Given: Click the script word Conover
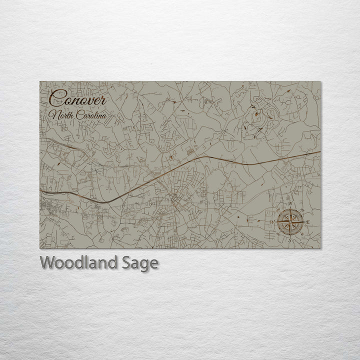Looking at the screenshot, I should tap(77, 98).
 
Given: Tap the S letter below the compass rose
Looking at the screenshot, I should tap(289, 240).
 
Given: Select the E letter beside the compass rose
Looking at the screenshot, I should tap(308, 222).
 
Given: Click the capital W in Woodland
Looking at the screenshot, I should tap(47, 262).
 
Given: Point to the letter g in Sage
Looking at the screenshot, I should tap(144, 265).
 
